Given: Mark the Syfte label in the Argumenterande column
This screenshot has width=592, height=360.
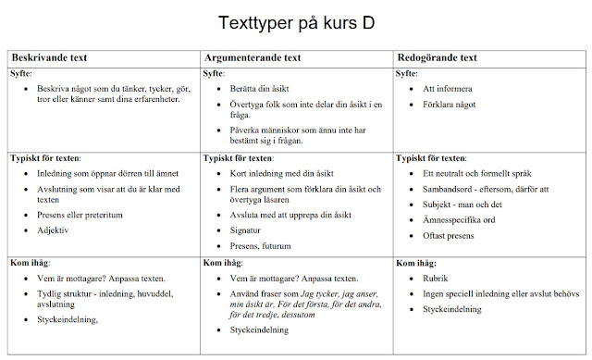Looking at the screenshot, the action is (214, 73).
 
